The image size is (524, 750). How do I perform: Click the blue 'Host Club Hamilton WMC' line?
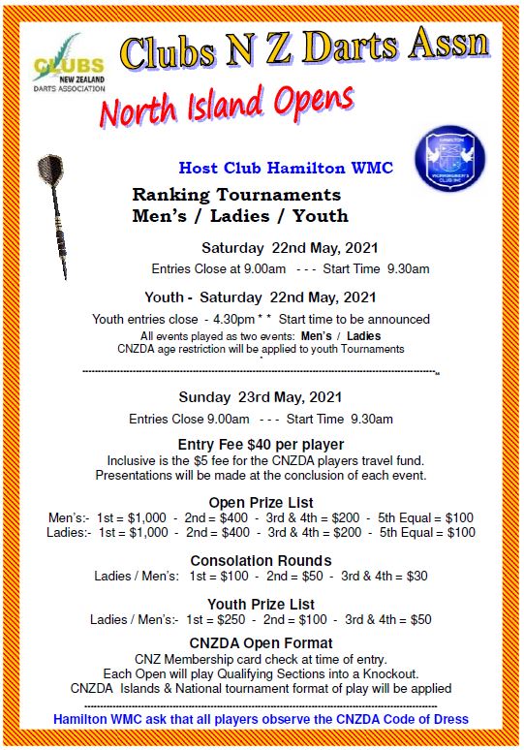tap(286, 169)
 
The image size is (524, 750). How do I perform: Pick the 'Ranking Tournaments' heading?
tap(236, 195)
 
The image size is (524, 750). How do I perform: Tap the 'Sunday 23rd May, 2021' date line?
tap(262, 397)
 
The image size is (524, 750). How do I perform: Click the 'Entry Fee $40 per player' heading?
tap(262, 444)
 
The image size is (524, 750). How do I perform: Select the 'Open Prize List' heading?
tap(262, 502)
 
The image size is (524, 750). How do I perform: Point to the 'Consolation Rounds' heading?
tap(261, 560)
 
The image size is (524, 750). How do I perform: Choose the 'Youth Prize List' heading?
tap(261, 604)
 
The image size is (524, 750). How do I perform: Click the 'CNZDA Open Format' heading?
tap(262, 642)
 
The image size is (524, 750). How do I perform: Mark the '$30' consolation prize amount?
tap(416, 576)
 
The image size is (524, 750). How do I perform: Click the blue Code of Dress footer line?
tap(262, 719)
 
